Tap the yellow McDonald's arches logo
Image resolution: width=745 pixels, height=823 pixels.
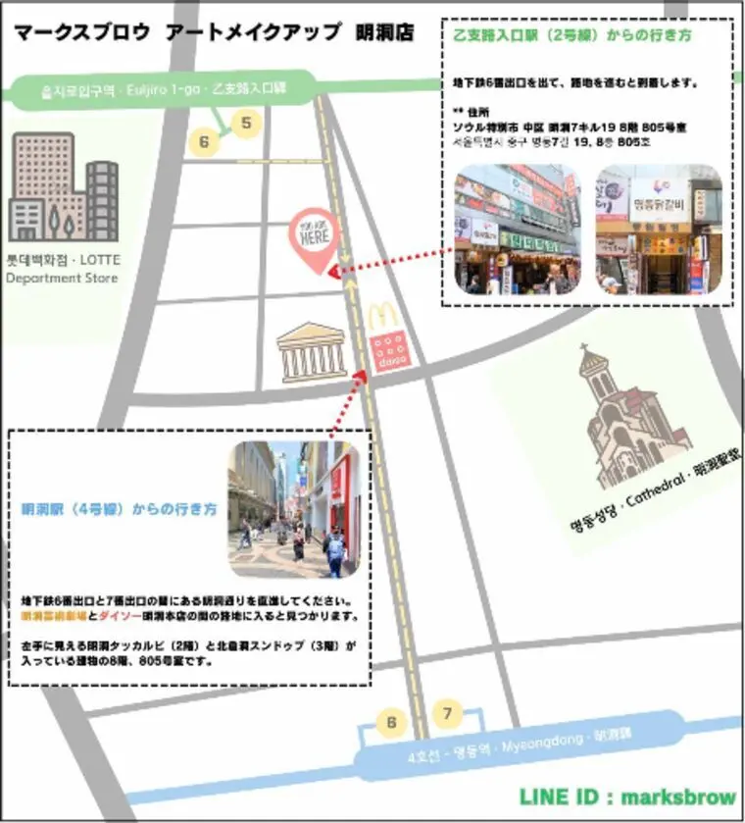(x=383, y=317)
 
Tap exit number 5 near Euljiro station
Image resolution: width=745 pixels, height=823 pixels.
(x=246, y=123)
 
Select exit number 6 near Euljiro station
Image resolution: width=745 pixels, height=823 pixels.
(x=204, y=142)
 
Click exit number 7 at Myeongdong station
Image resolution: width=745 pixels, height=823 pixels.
(x=447, y=712)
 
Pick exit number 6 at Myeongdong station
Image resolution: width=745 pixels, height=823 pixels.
(x=391, y=724)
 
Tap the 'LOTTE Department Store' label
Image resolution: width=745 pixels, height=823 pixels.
(x=61, y=270)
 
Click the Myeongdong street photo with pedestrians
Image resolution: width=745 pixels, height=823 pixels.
(x=292, y=508)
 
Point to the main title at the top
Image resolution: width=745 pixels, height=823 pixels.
(x=213, y=32)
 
